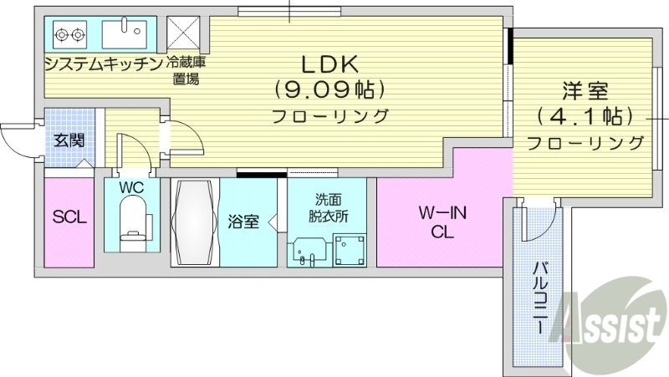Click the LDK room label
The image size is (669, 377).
click(x=329, y=64)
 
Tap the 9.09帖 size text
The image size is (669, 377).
click(x=329, y=87)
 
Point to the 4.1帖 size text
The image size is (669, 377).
click(x=585, y=115)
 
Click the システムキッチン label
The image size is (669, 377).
click(x=103, y=63)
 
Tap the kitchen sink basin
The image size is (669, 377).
click(x=123, y=35)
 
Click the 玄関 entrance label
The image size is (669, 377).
click(x=69, y=140)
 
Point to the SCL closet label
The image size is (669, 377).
click(x=69, y=217)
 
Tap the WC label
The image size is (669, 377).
click(x=131, y=188)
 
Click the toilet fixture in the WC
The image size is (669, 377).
click(x=132, y=223)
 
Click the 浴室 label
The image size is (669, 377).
click(x=243, y=222)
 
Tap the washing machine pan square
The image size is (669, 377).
click(x=348, y=247)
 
